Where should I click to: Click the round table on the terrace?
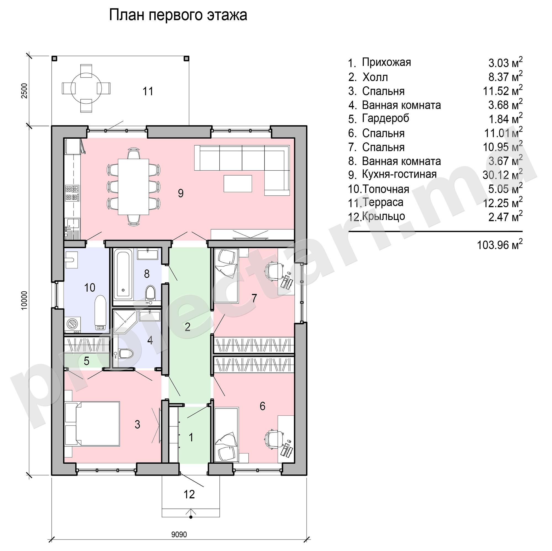[x=86, y=88]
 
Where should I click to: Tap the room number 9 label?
[x=181, y=193]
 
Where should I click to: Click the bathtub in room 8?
[x=123, y=274]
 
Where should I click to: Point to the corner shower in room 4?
[x=124, y=321]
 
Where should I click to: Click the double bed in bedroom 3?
[x=92, y=423]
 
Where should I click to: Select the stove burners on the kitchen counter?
[x=72, y=193]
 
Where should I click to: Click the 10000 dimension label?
[x=24, y=300]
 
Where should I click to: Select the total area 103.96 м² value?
[x=500, y=245]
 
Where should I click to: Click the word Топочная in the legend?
[x=386, y=189]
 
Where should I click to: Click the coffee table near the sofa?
[x=238, y=184]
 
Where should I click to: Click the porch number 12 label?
[x=189, y=494]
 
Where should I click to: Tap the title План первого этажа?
[x=178, y=15]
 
